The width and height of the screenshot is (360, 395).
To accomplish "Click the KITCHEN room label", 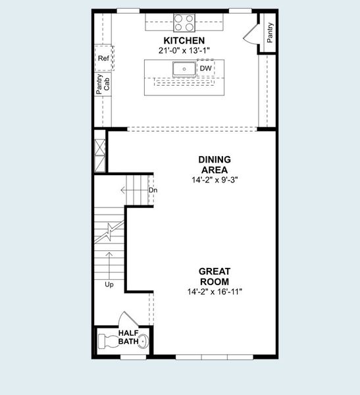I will [x=180, y=41].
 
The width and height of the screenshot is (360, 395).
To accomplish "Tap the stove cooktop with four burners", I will [x=185, y=22].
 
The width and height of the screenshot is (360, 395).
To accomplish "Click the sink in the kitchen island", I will [x=184, y=68].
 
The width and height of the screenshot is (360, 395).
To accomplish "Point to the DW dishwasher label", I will [x=205, y=68].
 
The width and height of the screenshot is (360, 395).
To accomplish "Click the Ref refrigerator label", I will [x=103, y=59].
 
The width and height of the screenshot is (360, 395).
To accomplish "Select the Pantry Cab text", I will [x=103, y=84].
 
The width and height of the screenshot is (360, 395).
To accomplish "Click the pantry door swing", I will [x=251, y=33].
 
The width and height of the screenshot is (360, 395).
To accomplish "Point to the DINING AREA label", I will [x=214, y=165].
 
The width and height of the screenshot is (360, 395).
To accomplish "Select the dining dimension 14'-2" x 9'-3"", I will [x=214, y=179].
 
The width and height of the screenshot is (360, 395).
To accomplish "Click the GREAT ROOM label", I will [x=214, y=276].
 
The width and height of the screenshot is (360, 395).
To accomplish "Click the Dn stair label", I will [x=153, y=191].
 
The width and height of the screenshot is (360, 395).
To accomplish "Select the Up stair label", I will [x=109, y=285].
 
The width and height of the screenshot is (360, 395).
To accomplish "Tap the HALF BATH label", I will [x=129, y=337].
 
